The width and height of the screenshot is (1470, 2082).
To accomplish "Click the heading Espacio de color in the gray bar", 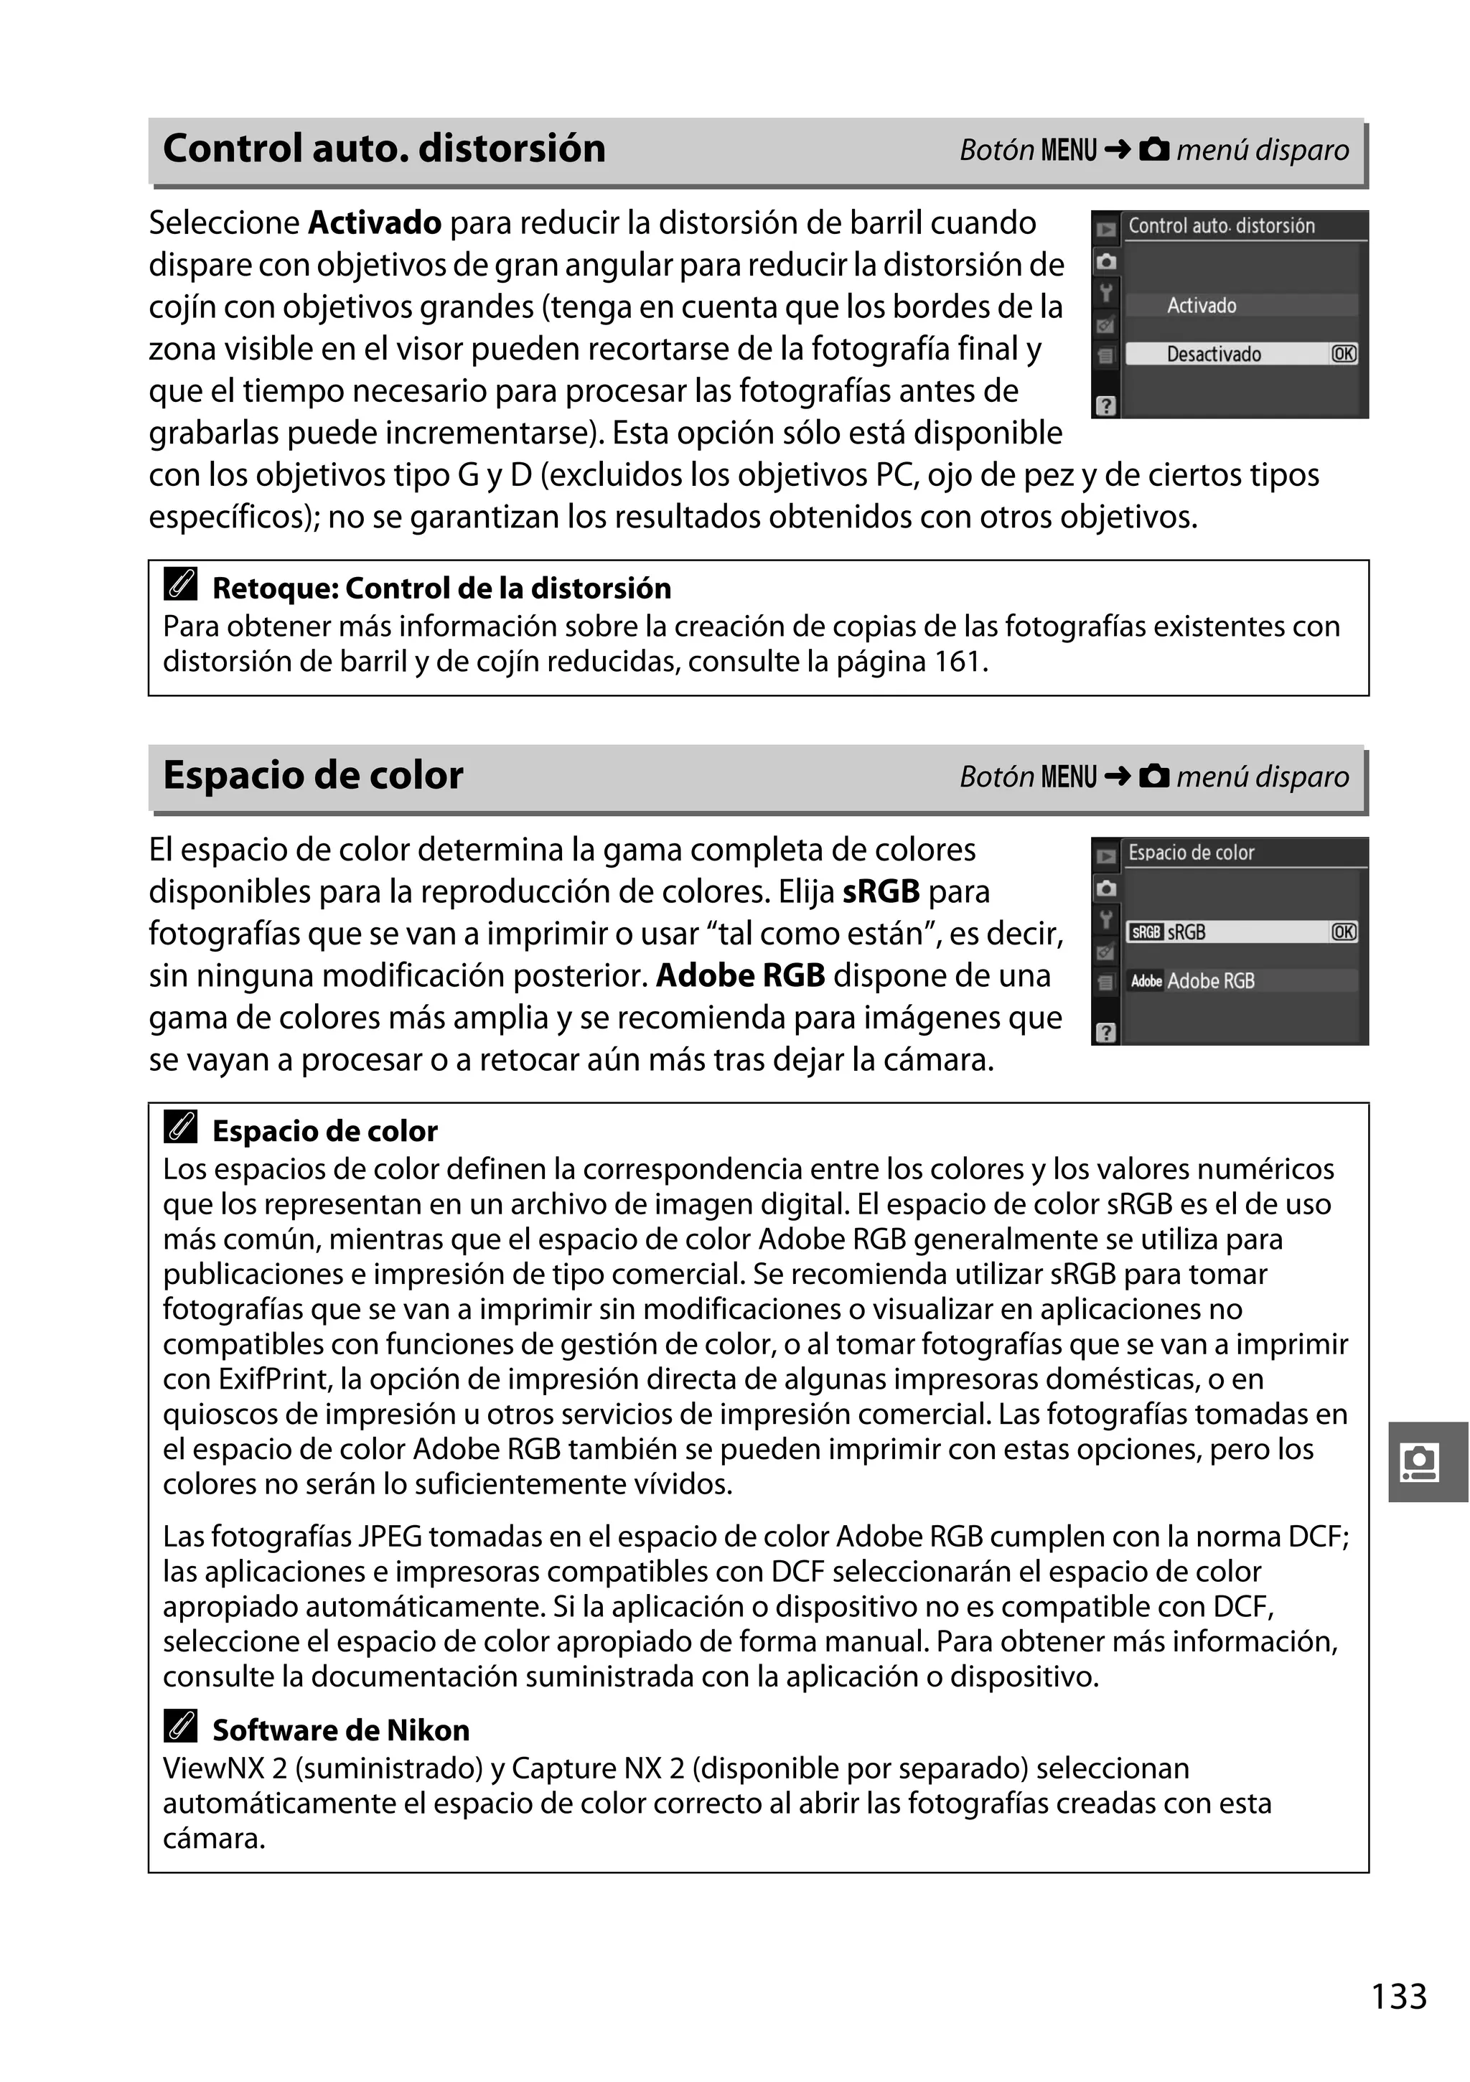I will click(313, 775).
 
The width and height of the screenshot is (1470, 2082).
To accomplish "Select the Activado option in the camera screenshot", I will click(1201, 306).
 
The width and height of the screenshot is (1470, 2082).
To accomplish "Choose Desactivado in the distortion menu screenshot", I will click(1213, 355).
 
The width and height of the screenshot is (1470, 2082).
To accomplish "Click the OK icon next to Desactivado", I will click(1343, 355).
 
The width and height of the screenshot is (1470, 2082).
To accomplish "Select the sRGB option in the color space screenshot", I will click(1186, 932).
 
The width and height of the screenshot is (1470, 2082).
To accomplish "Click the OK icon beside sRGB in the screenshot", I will click(1343, 932).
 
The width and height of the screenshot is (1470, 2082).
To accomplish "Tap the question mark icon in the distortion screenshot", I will click(1105, 406).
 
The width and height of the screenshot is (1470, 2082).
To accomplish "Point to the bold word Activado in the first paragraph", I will click(375, 223).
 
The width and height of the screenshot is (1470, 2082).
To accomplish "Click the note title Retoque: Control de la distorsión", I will click(441, 589).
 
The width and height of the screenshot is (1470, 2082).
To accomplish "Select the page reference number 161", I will click(958, 662).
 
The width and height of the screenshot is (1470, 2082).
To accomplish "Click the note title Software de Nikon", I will click(341, 1730).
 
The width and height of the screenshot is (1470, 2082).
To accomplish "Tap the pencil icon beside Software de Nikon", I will click(180, 1727).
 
